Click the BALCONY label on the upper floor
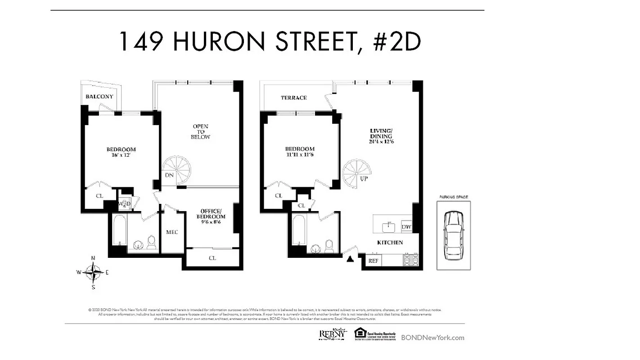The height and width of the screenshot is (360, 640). click(x=99, y=97)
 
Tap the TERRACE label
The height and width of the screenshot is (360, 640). click(x=294, y=98)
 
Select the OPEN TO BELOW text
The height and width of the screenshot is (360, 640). click(x=200, y=131)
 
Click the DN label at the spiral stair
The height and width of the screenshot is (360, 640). click(x=169, y=175)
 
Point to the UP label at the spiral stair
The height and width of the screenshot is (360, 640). click(x=364, y=178)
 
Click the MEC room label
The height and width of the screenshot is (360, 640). click(x=172, y=232)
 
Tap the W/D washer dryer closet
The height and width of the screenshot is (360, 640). click(x=124, y=204)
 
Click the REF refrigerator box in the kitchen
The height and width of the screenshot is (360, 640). click(x=373, y=261)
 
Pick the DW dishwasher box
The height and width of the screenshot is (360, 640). click(x=406, y=227)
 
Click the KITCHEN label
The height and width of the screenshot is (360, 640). click(x=390, y=243)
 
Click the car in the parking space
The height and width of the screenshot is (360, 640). click(x=453, y=235)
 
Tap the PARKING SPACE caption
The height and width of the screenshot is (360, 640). click(x=453, y=197)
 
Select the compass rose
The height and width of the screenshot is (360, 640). click(x=93, y=272)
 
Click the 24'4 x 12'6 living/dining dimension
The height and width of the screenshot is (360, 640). click(x=381, y=142)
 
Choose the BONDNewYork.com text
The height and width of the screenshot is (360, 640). click(x=433, y=337)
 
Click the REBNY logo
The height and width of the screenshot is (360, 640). click(x=333, y=334)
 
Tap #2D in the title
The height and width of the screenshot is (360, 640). click(x=397, y=41)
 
